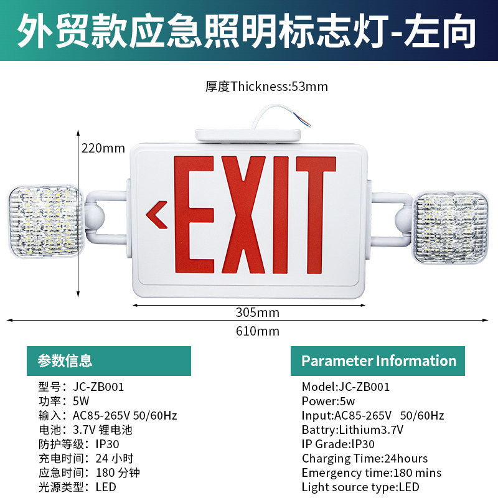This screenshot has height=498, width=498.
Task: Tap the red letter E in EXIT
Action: point(194,214)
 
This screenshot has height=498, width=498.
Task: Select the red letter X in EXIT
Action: point(243,214)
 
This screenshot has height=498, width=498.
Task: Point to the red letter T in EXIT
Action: point(316,214)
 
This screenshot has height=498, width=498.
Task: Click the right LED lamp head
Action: point(451,228)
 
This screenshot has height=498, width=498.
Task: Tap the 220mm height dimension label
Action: point(103,148)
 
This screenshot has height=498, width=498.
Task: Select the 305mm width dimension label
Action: point(258,312)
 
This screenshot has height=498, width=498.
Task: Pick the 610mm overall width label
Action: point(258,331)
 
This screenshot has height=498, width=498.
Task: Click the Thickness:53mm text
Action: point(280,87)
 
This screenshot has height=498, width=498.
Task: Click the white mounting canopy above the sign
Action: point(248,136)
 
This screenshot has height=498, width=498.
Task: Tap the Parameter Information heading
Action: point(379,361)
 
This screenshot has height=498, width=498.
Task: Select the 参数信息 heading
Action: point(65,361)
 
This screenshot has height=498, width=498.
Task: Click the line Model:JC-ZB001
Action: point(345,387)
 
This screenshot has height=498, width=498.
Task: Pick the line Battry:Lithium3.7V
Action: point(352,430)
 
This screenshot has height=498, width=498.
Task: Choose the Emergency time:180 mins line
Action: point(372,473)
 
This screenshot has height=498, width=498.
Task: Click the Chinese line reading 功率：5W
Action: point(64,401)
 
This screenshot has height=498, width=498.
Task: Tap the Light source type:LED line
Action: point(360,487)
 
